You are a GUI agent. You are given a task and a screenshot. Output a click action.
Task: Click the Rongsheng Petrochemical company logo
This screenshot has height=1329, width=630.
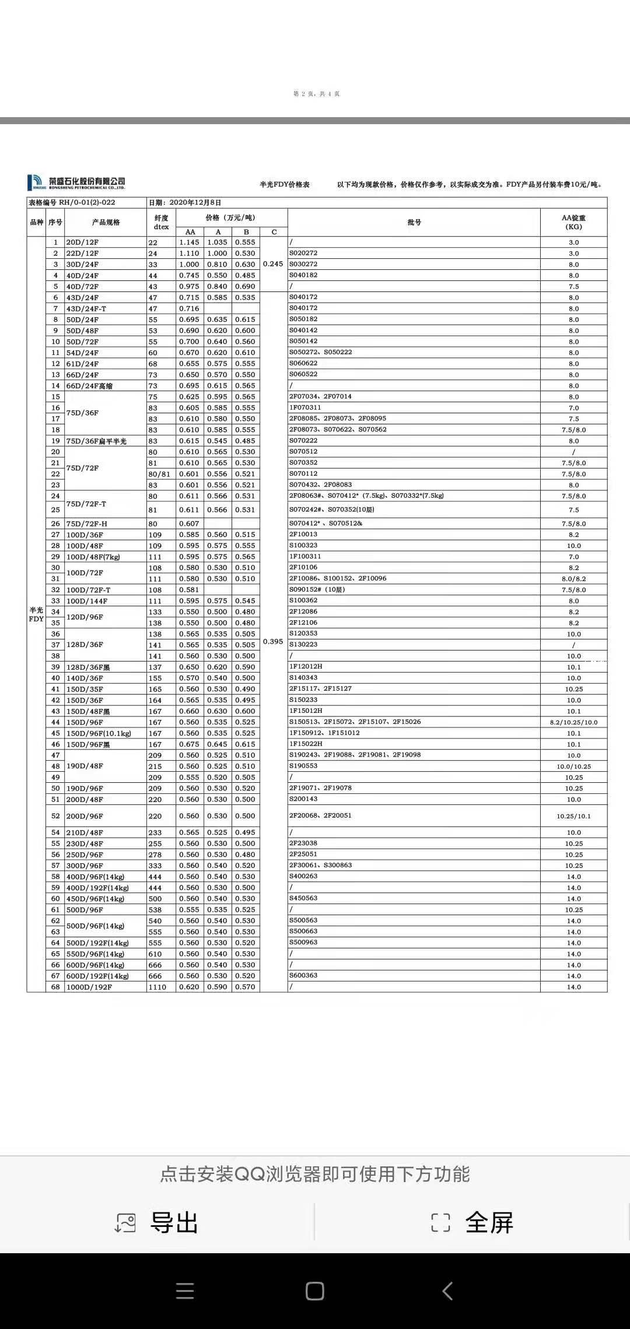click(x=76, y=182)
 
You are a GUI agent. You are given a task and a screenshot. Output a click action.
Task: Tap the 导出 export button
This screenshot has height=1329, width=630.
click(x=157, y=1222)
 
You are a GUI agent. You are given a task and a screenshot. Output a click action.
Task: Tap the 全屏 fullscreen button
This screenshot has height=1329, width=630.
click(x=472, y=1222)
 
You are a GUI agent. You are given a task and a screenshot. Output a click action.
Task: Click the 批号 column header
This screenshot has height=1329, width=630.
click(x=414, y=222)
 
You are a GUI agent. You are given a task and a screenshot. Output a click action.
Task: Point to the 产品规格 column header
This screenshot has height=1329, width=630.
click(x=106, y=222)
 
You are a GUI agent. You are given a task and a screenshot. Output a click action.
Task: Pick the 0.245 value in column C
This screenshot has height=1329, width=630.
click(x=273, y=264)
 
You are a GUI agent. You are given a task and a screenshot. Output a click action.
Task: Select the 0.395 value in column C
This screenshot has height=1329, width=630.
click(x=273, y=642)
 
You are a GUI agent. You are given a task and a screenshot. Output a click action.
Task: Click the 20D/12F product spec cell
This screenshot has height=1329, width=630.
click(x=82, y=242)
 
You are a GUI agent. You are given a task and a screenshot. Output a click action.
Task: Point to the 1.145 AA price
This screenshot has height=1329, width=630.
click(x=190, y=242)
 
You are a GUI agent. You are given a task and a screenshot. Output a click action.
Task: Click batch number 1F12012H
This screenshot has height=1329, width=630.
click(x=306, y=666)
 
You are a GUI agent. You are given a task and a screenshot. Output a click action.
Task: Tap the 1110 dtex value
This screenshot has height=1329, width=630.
click(x=157, y=987)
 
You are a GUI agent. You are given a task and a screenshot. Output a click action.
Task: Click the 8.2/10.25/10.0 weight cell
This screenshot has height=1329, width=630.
click(x=573, y=722)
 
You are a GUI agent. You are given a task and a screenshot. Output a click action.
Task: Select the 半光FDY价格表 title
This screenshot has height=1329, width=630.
click(x=285, y=185)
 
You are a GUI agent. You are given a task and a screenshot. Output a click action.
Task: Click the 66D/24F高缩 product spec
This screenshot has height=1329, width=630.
click(x=89, y=386)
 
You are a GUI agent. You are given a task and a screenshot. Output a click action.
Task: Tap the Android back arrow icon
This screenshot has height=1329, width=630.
click(x=447, y=1291)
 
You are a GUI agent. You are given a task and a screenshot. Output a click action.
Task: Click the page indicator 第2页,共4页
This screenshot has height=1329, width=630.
click(x=316, y=94)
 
